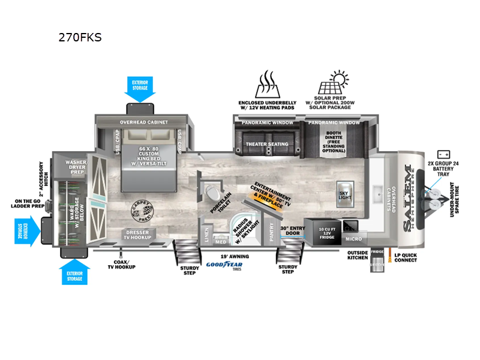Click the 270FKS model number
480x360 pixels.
point(80,37)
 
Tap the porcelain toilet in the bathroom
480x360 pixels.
point(211,192)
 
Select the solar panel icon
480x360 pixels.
point(332,85)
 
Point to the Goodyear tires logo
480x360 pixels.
point(220,265)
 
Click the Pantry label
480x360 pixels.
point(271,231)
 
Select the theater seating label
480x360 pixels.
point(266,144)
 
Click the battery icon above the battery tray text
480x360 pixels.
point(444,154)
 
